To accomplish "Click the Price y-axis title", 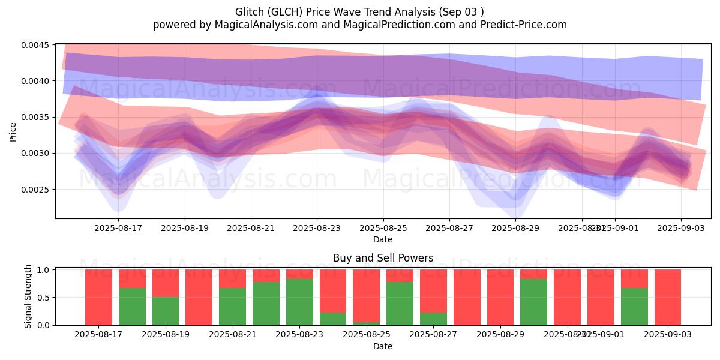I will pyautogui.click(x=13, y=132).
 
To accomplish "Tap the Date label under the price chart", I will pyautogui.click(x=383, y=239).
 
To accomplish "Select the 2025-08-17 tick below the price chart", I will pyautogui.click(x=118, y=228).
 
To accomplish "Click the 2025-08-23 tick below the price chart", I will pyautogui.click(x=317, y=228).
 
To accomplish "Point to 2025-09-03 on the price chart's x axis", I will pyautogui.click(x=680, y=228).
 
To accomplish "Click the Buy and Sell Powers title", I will pyautogui.click(x=383, y=259).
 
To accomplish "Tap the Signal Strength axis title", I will pyautogui.click(x=28, y=297).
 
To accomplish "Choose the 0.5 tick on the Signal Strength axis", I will pyautogui.click(x=43, y=298).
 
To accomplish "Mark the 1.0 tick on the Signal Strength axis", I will pyautogui.click(x=43, y=270).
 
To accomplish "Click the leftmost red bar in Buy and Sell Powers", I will pyautogui.click(x=98, y=297).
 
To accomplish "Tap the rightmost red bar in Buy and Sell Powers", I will pyautogui.click(x=668, y=297).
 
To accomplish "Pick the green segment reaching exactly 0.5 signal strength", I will pyautogui.click(x=166, y=311).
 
